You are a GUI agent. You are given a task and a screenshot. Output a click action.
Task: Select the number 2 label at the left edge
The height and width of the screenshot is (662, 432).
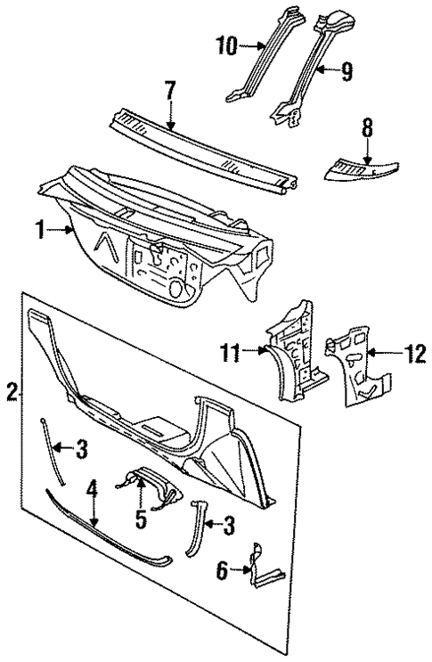11,390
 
